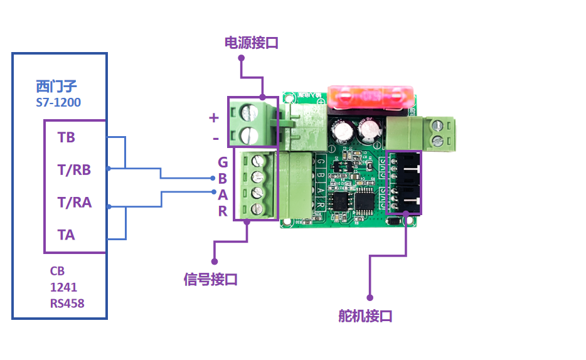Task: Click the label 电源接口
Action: tap(251, 43)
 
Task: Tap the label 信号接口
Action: tap(211, 279)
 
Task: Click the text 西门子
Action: tap(56, 87)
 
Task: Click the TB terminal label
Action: tap(66, 137)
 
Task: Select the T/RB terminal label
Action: tap(74, 169)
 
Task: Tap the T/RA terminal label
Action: tap(74, 203)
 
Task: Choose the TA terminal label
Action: tap(66, 235)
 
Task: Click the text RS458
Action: tap(67, 304)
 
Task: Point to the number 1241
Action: tap(63, 287)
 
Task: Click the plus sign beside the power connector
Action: tap(213, 117)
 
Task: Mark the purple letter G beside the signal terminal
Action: tap(223, 163)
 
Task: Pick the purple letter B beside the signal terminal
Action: tap(223, 179)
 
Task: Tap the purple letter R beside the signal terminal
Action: tap(223, 211)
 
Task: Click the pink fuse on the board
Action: tap(370, 97)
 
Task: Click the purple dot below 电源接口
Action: tap(241, 58)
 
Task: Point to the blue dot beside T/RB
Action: tap(109, 169)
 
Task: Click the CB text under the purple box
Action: tap(57, 271)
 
